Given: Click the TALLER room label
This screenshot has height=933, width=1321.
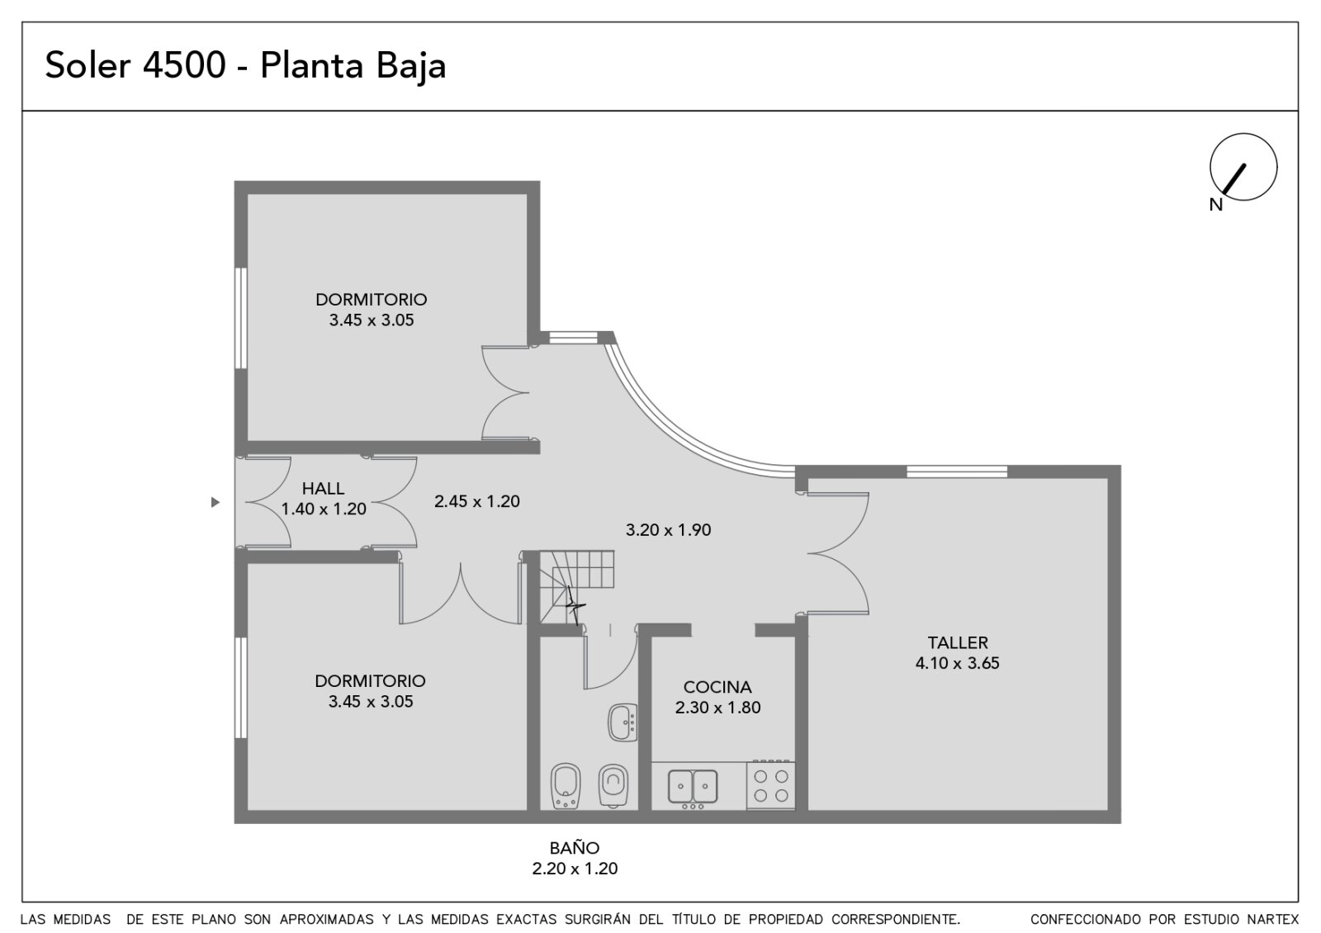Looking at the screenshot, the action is point(958,642).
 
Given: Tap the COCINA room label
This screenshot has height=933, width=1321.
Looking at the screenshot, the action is point(717,687).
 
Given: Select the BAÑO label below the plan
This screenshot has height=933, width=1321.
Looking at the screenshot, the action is point(575,848).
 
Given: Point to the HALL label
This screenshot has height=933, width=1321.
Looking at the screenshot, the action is point(323,488).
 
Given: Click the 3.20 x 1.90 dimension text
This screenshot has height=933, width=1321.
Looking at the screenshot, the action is point(668,529).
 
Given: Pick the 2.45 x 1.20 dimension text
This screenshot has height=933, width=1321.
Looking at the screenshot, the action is point(477,501).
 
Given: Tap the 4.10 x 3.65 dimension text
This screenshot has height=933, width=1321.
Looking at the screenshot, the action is point(957,663).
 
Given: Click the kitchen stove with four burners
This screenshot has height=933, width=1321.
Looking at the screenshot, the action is point(771,785).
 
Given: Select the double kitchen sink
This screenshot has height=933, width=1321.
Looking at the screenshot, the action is point(693,789).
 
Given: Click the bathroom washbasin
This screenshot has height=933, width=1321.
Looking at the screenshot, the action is point(623,722).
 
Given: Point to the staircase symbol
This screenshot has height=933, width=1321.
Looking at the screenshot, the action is point(576,587).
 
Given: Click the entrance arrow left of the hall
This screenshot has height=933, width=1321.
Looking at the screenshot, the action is point(215,502).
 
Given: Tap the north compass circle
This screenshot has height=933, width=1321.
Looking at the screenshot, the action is point(1243,167).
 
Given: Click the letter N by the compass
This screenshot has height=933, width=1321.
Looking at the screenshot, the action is point(1216,205).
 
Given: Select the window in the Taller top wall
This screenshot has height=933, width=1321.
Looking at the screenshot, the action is point(957,471).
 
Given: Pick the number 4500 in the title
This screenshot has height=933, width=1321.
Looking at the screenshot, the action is point(185,65).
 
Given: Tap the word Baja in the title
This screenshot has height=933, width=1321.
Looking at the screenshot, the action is point(411,66).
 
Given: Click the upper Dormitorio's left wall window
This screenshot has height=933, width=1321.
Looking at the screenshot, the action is point(240,319).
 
